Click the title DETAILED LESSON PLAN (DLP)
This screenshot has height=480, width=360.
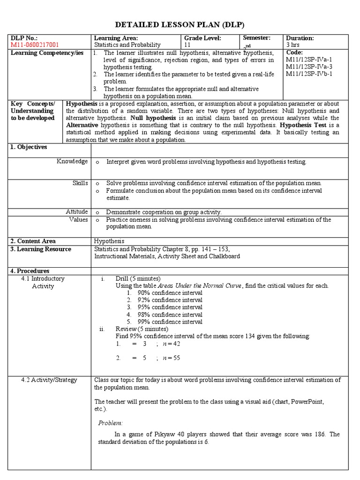[x=180, y=25]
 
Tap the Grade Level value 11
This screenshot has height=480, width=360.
[x=187, y=45]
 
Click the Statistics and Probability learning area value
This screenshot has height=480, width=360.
[x=127, y=45]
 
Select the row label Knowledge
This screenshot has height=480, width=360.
[x=72, y=161]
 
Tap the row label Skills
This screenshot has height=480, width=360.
[x=80, y=183]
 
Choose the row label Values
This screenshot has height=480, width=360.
[x=78, y=219]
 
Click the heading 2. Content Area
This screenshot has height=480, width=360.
[x=32, y=241]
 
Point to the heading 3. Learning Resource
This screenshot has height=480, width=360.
[x=41, y=249]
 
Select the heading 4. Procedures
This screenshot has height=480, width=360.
[x=30, y=271]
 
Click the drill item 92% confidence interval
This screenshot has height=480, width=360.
[x=170, y=300]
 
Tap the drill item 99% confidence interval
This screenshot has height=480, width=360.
[x=170, y=322]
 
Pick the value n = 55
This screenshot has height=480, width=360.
[x=171, y=358]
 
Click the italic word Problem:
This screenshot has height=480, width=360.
[x=110, y=422]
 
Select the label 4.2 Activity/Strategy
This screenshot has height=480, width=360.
[x=49, y=380]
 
